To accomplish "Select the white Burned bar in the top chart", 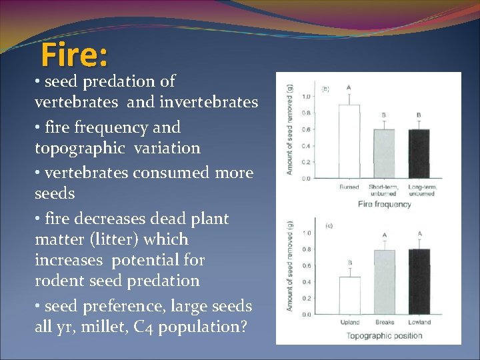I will (349, 142).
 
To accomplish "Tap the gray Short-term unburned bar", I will (383, 154).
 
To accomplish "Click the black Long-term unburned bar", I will (418, 154).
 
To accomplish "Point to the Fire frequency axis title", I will (384, 204).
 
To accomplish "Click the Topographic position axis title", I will (384, 335).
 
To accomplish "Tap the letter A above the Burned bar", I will (349, 87).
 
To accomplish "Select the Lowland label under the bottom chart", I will (419, 323).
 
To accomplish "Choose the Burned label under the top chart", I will (349, 187).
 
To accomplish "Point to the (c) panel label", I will (329, 226).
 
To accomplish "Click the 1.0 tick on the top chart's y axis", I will (306, 97).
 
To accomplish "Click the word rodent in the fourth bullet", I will (59, 281).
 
